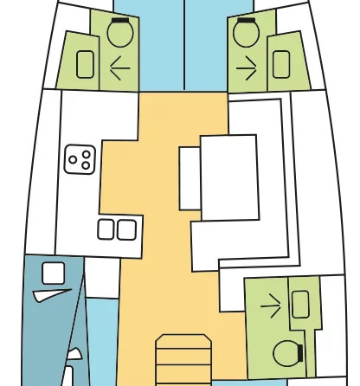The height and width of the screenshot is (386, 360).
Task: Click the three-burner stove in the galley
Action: pos(80,159)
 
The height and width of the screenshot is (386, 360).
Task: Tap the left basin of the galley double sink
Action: pos(107,229)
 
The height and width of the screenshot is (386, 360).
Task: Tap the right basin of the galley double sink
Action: pos(126,229)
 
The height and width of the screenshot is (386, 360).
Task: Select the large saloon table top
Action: pos(229,177)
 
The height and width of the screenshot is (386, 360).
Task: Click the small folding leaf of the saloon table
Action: pos(190,177)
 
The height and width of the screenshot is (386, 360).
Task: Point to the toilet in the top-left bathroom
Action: pos(119,34)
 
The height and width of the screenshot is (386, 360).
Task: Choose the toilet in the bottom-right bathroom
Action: pos(286,352)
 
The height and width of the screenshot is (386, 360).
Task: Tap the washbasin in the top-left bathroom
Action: pos(86,64)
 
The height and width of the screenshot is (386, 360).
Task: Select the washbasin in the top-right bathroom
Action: pos(280,64)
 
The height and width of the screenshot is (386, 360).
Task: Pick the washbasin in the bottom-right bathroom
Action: pos(300,304)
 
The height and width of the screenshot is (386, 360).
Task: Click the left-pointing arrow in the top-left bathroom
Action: pos(119,68)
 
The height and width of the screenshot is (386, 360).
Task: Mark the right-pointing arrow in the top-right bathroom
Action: pos(247,68)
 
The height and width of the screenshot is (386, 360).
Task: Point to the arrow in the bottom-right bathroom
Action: pos(271,304)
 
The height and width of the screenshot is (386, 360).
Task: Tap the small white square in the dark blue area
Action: pos(53,272)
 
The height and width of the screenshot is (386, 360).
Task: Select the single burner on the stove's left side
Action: pos(73,159)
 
